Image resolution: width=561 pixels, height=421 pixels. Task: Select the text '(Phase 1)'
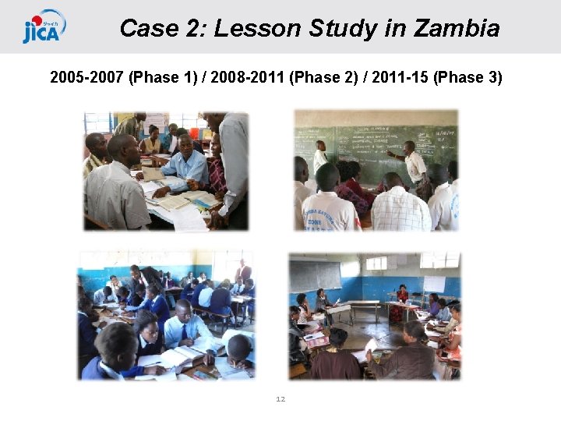164,78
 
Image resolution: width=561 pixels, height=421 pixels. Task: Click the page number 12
280,399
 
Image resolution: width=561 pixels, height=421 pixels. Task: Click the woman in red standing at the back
402,300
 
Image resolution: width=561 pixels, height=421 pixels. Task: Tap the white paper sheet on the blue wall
433,283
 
